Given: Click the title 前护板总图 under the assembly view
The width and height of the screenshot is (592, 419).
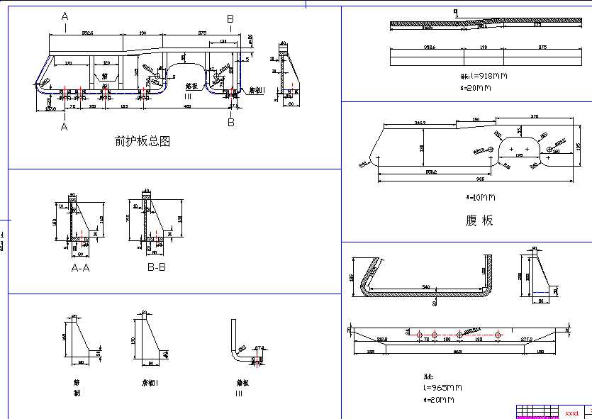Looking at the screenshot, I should [143, 141].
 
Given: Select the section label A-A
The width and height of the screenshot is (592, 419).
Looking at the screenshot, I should [80, 268].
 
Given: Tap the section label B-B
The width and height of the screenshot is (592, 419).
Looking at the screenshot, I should [156, 268].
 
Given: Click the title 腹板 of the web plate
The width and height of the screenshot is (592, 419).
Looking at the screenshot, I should [479, 220].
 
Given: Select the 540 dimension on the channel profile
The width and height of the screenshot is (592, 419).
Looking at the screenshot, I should [426, 287].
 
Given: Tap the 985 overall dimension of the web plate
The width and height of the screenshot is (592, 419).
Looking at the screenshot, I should [480, 179].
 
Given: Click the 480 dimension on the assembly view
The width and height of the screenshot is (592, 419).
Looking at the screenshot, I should [187, 106].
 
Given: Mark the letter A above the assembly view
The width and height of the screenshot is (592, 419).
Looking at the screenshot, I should [65, 16].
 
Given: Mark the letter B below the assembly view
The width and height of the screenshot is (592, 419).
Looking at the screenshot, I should [230, 122].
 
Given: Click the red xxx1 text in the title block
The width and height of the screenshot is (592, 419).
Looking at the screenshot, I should [572, 412].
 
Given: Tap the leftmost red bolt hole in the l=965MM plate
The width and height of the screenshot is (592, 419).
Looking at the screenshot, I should [420, 335].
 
